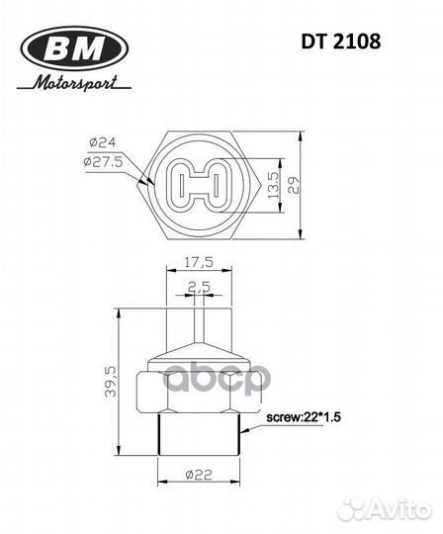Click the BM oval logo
pyautogui.click(x=74, y=46)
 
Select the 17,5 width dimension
pyautogui.click(x=200, y=264)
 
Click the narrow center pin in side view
pyautogui.click(x=198, y=326)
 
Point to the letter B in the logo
pyautogui.click(x=58, y=46)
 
